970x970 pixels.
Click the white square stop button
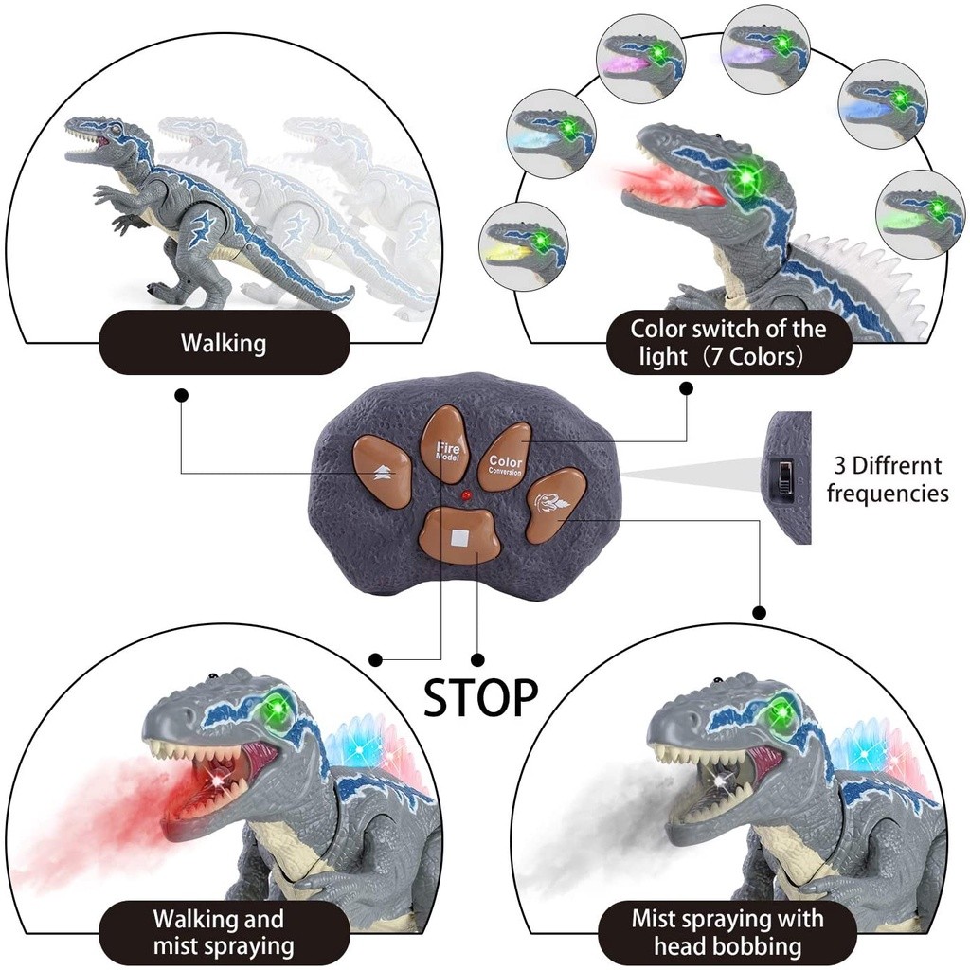[461, 537]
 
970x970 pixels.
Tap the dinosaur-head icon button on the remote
[549, 503]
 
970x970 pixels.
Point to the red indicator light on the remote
[465, 495]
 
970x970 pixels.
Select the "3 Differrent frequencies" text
[888, 479]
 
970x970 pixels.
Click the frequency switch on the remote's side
[783, 476]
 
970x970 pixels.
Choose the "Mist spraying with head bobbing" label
[727, 932]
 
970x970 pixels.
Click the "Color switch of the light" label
[728, 343]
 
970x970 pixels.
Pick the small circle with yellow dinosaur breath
[523, 245]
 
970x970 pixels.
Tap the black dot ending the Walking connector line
[181, 393]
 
